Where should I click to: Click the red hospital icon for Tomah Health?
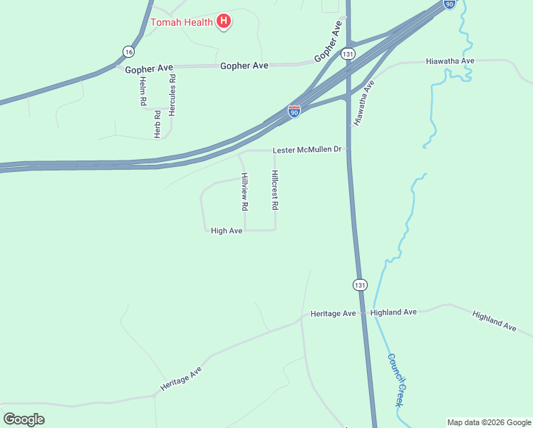224,21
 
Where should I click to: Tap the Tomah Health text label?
182,22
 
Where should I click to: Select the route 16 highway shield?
128,51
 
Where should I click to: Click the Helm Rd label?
143,91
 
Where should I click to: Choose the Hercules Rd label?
172,95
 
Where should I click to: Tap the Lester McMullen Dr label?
308,151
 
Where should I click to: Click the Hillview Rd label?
244,191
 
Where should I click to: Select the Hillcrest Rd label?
274,190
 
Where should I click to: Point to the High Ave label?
227,230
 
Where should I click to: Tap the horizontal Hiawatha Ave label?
450,61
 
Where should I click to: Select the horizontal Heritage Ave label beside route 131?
333,313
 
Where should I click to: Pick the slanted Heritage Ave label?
181,378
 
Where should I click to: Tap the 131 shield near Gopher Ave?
348,53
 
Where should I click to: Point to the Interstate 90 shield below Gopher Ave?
294,111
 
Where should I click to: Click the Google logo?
24,419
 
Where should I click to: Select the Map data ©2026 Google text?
489,422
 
